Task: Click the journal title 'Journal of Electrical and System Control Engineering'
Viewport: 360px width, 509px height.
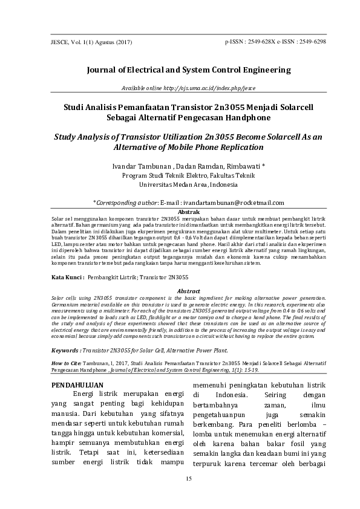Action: click(180, 70)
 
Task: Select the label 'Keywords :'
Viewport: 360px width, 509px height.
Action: click(66, 350)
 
